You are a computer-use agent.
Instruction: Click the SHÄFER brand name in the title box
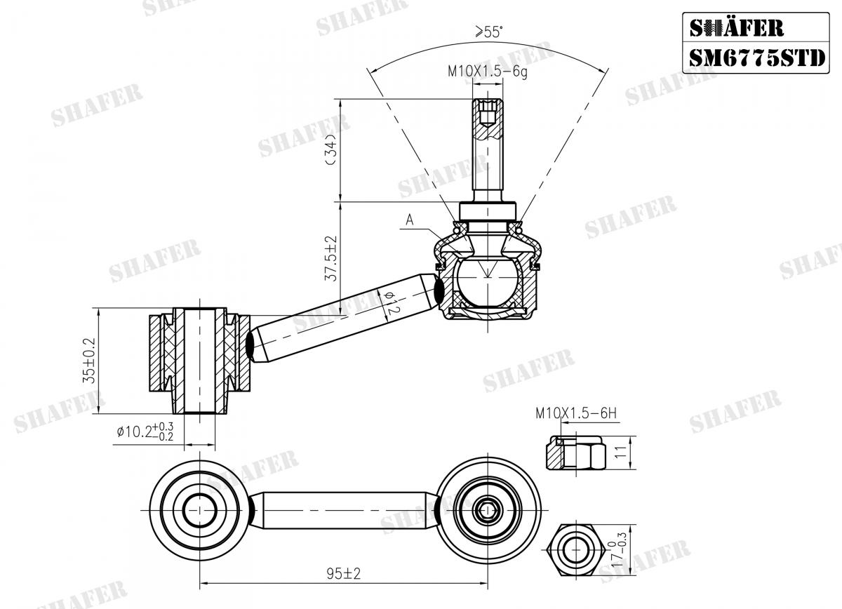(x=737, y=27)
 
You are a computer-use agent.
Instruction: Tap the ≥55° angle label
(x=489, y=32)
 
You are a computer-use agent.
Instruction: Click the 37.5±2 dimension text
(x=332, y=258)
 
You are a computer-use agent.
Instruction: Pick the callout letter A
(x=410, y=220)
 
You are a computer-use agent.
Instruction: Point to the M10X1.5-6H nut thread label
(x=575, y=413)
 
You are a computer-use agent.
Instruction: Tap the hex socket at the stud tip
(x=488, y=112)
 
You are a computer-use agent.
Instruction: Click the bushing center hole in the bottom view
(x=200, y=505)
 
